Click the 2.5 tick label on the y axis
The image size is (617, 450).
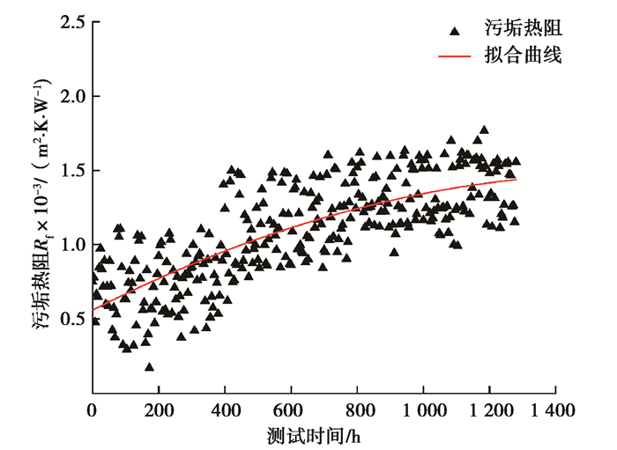point(73,22)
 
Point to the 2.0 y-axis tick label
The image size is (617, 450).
point(73,96)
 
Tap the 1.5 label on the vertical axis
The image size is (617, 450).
point(73,170)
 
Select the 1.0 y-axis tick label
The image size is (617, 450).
point(73,244)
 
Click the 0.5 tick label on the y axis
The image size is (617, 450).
point(73,318)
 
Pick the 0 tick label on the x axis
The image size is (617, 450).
point(92,410)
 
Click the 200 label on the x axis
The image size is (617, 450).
point(158,410)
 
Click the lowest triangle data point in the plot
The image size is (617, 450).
point(149,366)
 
